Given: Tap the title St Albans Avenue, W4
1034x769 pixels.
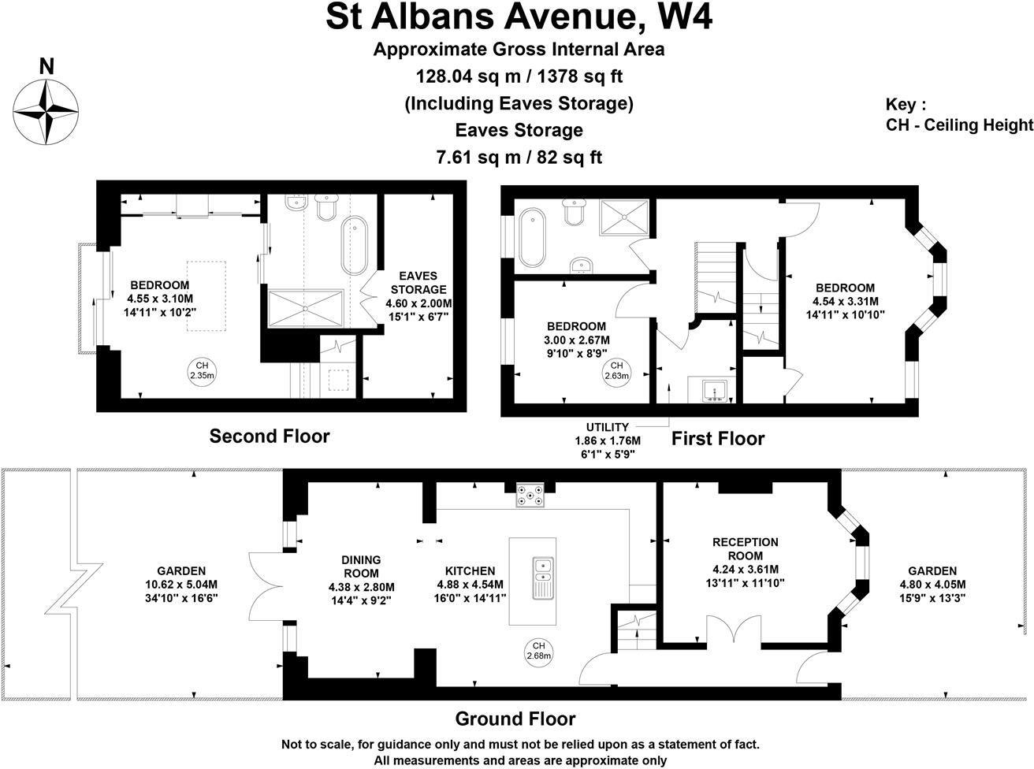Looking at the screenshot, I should [519, 17].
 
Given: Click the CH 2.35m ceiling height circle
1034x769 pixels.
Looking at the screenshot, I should [202, 370].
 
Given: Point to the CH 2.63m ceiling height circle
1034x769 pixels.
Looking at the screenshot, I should [616, 370].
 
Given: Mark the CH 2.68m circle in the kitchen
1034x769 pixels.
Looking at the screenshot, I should [538, 649].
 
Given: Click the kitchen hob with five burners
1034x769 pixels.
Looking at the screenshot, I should [530, 496].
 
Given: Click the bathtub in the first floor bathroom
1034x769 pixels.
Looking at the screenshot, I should [532, 236].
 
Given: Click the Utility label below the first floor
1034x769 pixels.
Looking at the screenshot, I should [608, 427].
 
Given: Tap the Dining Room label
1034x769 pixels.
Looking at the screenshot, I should [361, 567].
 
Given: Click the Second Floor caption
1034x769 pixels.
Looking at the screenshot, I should [269, 436].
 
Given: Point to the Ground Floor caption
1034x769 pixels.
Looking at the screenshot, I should [515, 719].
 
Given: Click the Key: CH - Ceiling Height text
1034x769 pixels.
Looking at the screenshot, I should [958, 115].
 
